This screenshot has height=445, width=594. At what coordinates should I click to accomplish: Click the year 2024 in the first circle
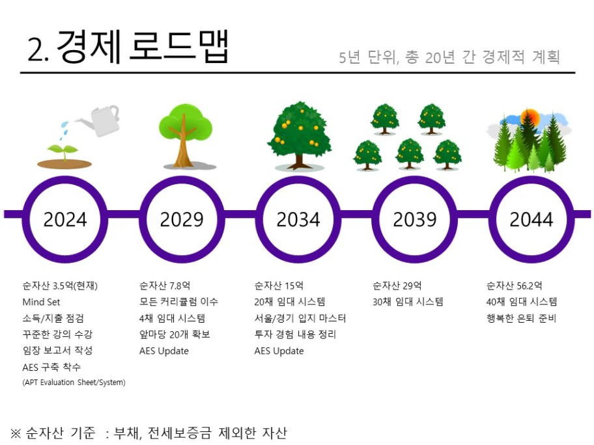pos(65,219)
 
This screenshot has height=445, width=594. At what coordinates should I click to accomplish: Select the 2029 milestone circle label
pos(182,219)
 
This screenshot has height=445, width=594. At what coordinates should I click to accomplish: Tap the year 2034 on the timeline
pos(298,219)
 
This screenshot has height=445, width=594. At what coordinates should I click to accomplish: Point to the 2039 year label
pos(415,219)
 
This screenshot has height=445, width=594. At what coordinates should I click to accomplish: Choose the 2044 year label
pos(531,219)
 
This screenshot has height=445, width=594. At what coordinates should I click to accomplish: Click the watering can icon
pos(99,120)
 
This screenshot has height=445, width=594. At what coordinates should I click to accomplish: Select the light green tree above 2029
pos(186,135)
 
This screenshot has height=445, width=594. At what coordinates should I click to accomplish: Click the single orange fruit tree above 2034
pos(299,135)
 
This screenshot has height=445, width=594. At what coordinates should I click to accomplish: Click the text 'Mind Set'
pos(41,302)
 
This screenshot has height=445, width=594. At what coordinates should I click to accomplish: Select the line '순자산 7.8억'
pos(165,286)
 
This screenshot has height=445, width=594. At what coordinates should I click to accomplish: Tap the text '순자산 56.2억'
pos(514,286)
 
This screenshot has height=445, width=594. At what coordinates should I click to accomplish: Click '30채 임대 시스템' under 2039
pos(408,302)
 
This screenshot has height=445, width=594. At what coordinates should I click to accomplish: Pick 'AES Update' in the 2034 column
pos(279,351)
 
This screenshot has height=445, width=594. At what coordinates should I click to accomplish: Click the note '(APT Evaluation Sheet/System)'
pos(74,382)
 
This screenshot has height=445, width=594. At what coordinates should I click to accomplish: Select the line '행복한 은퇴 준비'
pos(521,318)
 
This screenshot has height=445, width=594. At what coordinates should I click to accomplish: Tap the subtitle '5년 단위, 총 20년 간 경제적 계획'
pos(449,57)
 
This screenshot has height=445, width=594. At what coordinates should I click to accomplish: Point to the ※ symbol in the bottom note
pos(16,433)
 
